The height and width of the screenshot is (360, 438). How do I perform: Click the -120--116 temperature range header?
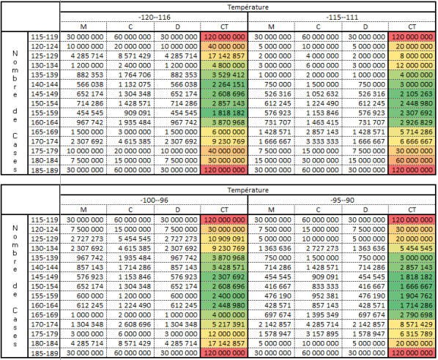(155, 18)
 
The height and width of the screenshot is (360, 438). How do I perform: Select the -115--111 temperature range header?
(342, 18)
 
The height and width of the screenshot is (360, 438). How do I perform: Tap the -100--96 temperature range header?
(155, 200)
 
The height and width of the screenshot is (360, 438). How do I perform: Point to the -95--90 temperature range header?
(342, 200)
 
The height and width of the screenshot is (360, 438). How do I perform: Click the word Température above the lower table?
(248, 190)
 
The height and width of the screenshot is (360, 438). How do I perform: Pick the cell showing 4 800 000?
(224, 66)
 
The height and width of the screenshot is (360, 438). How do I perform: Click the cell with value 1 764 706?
(130, 75)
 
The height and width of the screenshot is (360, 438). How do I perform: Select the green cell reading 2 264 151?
(224, 85)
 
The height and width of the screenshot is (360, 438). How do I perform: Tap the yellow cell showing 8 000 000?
(412, 56)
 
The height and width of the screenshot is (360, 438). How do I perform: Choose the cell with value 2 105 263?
(412, 94)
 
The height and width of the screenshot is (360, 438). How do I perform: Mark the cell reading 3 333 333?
(318, 141)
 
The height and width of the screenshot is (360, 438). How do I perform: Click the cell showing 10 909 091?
(224, 239)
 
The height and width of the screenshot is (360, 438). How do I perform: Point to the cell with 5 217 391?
(224, 325)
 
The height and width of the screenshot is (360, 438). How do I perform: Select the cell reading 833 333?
(318, 287)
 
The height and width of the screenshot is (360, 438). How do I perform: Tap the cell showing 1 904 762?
(412, 296)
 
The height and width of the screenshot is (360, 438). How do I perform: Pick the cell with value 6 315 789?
(412, 334)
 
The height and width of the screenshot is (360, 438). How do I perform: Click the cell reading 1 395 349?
(318, 315)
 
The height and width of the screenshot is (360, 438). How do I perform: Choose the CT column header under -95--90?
(412, 210)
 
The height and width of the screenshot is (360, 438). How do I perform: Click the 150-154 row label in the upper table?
(45, 103)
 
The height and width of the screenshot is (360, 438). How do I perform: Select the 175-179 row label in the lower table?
(45, 334)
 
